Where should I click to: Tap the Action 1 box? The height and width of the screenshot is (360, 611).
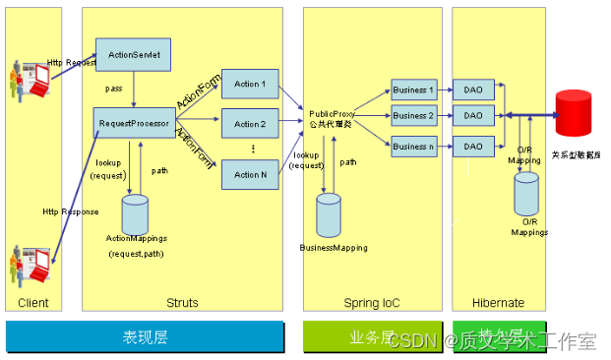tap(250, 85)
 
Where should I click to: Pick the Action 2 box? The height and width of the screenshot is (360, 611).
tap(250, 125)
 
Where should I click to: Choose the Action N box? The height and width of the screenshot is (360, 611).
tap(250, 175)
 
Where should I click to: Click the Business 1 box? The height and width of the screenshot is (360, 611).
tap(413, 90)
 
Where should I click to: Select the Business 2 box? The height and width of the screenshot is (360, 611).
tap(413, 116)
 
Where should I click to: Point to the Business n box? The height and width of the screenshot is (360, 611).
tap(413, 147)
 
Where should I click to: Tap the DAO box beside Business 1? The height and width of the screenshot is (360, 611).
tap(474, 90)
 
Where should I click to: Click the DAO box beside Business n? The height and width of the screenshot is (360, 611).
tap(474, 147)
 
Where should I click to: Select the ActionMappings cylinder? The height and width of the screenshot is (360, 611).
tap(134, 212)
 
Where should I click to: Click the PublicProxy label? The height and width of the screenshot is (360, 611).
tap(331, 114)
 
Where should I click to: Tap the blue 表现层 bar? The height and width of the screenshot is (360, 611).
tap(146, 337)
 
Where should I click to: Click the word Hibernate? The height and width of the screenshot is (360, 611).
tap(498, 303)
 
